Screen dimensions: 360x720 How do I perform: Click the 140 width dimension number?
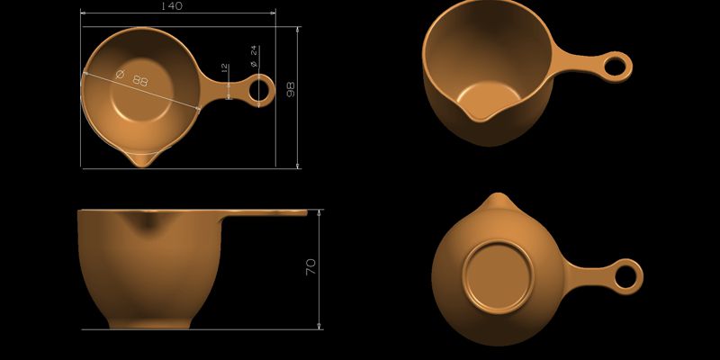pos(171,6)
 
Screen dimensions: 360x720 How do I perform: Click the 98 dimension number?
pos(291,90)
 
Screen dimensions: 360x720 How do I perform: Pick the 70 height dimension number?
pos(310,266)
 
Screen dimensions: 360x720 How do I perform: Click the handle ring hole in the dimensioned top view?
pos(259,89)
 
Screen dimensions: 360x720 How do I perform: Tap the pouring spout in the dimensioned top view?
pos(144,158)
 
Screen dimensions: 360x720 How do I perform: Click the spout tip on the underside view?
pos(496,198)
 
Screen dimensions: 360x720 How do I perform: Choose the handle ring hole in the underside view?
pos(626,274)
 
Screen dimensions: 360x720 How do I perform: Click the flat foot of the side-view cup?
pos(149,324)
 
